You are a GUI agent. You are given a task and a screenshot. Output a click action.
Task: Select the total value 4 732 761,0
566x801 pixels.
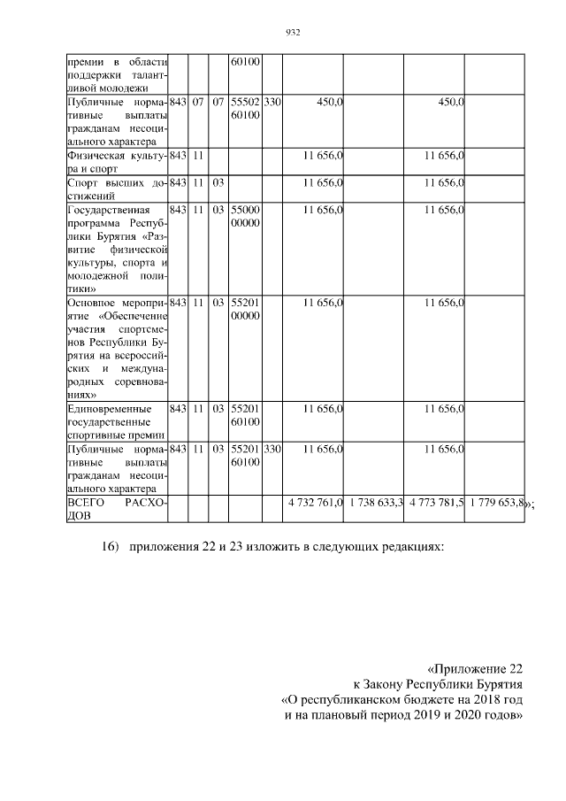[x=315, y=503]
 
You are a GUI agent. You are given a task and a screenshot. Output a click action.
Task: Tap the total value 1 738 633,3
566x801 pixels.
[x=375, y=503]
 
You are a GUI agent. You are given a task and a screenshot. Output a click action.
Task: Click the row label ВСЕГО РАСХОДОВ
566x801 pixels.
[x=117, y=509]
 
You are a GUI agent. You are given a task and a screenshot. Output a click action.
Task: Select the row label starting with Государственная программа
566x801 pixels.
[x=117, y=249]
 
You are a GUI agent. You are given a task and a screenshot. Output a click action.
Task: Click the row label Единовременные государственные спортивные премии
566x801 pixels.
[x=117, y=422]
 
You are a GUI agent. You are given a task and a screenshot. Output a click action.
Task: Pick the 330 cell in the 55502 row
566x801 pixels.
[x=272, y=104]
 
